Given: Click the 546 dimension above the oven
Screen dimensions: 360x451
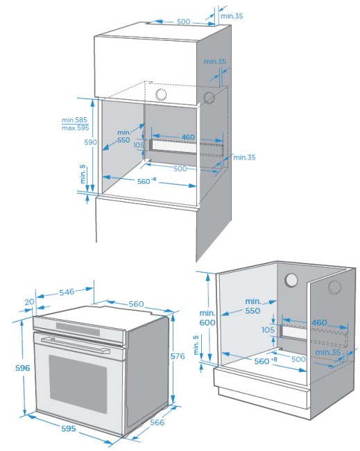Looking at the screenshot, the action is click(67, 292).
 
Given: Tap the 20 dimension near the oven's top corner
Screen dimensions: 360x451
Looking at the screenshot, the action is click(29, 302).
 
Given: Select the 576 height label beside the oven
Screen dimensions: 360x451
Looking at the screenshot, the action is click(178, 356).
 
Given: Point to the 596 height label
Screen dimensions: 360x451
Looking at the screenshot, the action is click(22, 368).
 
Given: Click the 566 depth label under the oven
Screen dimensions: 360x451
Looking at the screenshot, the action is click(157, 423).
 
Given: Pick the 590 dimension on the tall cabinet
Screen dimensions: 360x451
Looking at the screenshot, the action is click(90, 142).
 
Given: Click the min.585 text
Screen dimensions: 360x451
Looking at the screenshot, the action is click(74, 120).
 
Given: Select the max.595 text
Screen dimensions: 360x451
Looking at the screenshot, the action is click(76, 128).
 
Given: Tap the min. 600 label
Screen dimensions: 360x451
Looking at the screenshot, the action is click(207, 318).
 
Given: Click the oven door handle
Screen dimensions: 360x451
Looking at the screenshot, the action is click(76, 345).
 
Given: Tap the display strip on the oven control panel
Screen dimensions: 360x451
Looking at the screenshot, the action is click(78, 329).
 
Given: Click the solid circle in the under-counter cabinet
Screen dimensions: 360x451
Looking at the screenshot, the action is click(291, 280).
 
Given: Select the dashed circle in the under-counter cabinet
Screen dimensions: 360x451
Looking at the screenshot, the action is click(334, 287).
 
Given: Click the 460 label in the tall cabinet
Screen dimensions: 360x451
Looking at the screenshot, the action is click(188, 137).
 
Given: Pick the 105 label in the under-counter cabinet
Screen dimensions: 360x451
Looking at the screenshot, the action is click(268, 330).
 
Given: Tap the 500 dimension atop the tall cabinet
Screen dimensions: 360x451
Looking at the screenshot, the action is click(183, 22).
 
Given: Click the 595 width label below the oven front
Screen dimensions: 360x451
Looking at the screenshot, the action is click(69, 429).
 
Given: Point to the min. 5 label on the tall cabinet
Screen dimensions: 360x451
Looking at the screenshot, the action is click(83, 174).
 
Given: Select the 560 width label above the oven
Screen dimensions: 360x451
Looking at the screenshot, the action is click(136, 304).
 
